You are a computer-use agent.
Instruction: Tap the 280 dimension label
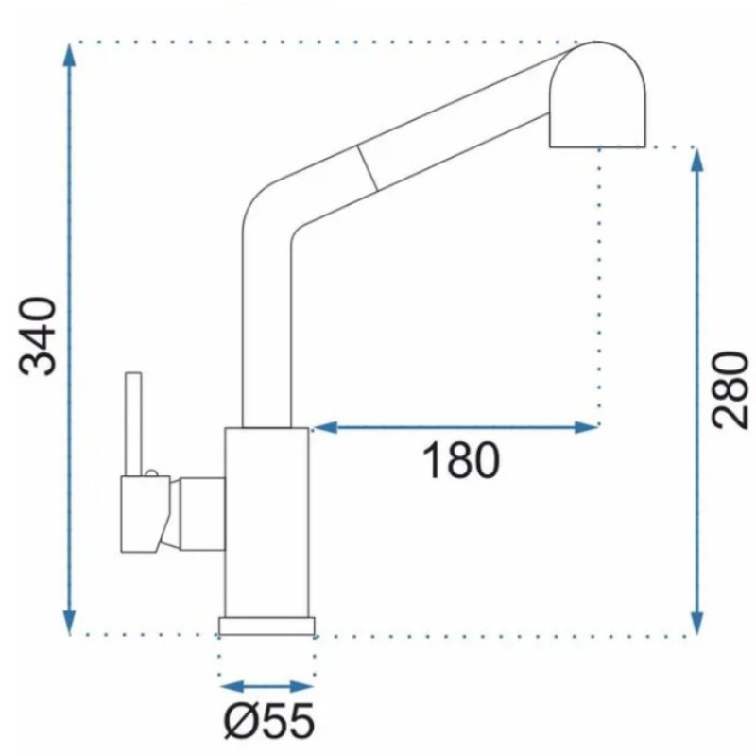pyautogui.click(x=730, y=390)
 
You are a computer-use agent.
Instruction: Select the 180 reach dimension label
pyautogui.click(x=460, y=461)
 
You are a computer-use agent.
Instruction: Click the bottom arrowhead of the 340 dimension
pyautogui.click(x=70, y=622)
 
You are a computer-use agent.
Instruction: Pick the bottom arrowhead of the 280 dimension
pyautogui.click(x=696, y=623)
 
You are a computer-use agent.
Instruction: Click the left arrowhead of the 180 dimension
pyautogui.click(x=325, y=427)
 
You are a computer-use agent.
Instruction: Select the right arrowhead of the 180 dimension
pyautogui.click(x=586, y=427)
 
